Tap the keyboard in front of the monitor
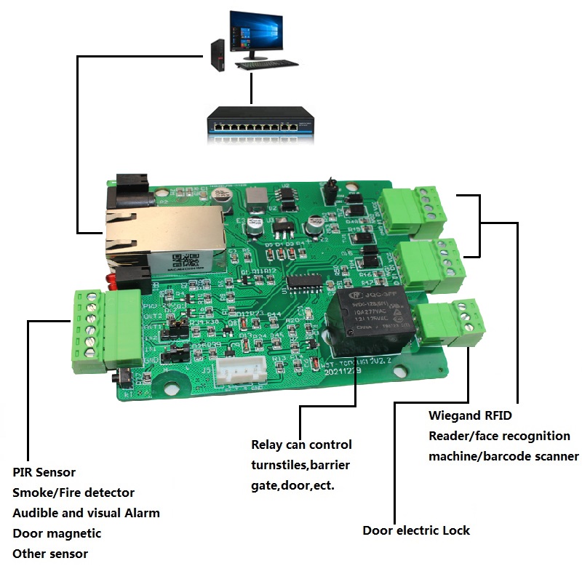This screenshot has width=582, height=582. click(266, 65)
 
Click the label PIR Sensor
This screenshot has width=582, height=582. click(44, 473)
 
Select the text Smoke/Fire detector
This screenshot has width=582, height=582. click(73, 493)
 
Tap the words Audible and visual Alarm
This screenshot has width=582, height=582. click(86, 513)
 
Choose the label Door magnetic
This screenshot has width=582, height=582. click(57, 533)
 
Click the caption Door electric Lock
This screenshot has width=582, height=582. click(416, 530)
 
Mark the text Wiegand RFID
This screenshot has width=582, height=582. click(470, 416)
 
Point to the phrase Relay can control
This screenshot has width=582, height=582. click(301, 445)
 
